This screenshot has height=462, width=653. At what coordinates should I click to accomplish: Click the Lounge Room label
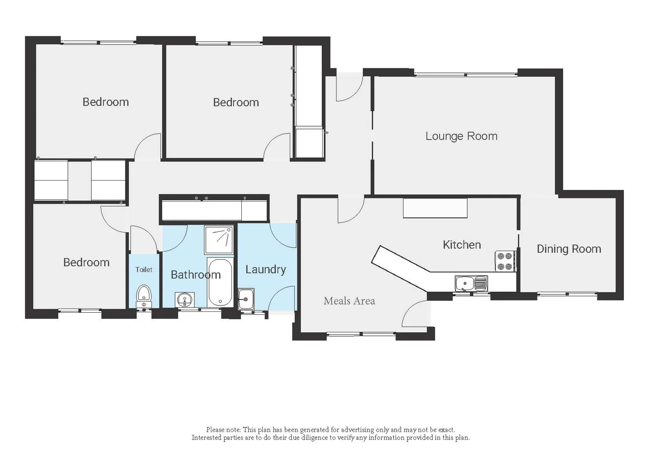[x=461, y=136]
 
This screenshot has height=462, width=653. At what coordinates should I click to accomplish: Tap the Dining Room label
[x=569, y=249]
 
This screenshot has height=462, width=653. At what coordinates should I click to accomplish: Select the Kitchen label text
[x=462, y=245]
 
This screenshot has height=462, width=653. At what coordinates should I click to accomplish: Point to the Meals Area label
[x=349, y=301]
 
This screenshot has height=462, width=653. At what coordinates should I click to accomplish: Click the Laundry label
[x=265, y=269]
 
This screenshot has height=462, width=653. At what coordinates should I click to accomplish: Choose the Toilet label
[x=144, y=269]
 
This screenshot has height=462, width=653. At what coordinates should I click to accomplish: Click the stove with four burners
[x=505, y=261]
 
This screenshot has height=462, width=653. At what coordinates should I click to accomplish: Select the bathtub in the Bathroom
[x=220, y=282]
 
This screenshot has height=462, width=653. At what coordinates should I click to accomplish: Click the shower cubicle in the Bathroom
[x=219, y=240]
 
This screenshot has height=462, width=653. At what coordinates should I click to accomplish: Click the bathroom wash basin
[x=185, y=299]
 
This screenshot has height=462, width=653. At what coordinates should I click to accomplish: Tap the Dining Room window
[x=567, y=294]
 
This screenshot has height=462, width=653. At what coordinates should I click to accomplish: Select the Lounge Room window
[x=466, y=75]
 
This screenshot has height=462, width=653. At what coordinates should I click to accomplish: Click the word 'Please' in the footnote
[x=215, y=429]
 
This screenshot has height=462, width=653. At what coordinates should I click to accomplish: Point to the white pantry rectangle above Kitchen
[x=435, y=208]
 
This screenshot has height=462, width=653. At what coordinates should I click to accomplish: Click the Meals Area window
[x=361, y=334]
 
